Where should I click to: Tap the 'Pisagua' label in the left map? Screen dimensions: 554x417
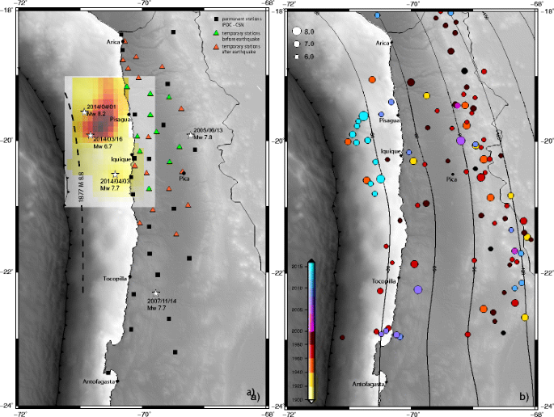coord(120,120)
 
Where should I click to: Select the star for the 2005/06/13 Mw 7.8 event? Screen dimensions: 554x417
coord(191,136)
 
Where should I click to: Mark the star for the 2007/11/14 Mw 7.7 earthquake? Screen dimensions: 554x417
coord(156,293)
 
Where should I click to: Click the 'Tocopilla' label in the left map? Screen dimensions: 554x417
coord(116,280)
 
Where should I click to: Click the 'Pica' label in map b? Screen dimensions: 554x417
coord(453,180)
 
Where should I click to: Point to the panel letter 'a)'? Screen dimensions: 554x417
coord(254,395)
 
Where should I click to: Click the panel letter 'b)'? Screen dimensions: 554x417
coord(524,395)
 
